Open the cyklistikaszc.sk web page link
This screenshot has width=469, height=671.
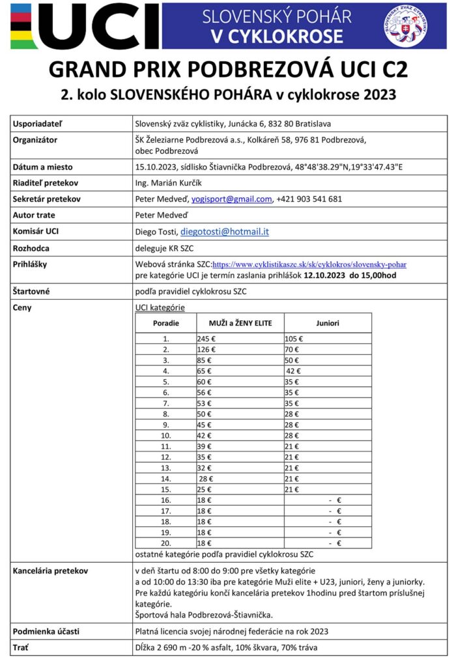309,265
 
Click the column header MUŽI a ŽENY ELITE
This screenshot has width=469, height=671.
240,323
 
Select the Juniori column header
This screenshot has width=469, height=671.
328,323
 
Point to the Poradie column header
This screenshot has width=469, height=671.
165,323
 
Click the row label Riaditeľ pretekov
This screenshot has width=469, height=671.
44,183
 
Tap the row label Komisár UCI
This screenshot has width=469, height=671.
36,231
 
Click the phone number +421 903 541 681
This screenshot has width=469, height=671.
309,199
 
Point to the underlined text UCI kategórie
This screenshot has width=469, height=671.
160,307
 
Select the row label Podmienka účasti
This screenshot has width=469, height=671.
45,631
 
